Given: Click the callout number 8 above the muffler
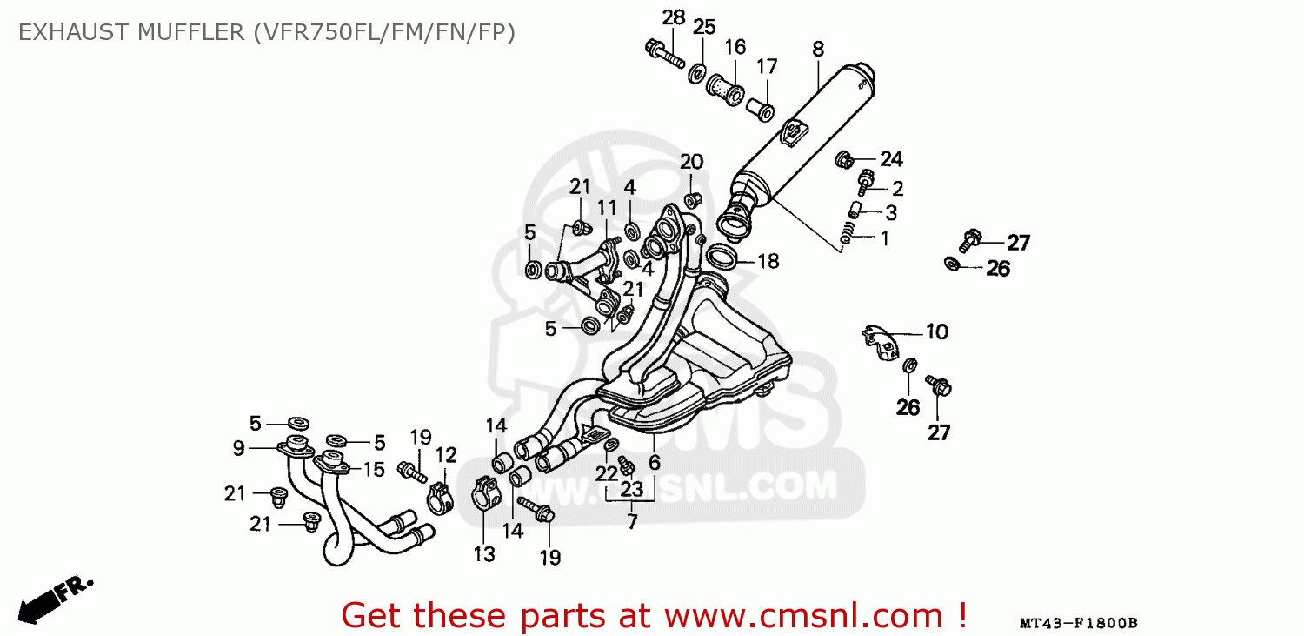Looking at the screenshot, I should [x=817, y=50].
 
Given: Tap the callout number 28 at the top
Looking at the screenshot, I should [x=674, y=17].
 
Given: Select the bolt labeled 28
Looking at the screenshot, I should [x=665, y=53].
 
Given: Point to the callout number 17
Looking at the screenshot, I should [x=766, y=67].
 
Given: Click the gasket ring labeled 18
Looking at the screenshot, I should [x=722, y=257].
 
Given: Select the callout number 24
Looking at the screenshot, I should [x=891, y=159].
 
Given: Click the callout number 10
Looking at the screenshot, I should [x=936, y=331].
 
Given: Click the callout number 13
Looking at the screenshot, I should [x=483, y=553].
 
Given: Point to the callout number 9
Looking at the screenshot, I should [x=238, y=448].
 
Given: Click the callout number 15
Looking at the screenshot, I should [x=373, y=470].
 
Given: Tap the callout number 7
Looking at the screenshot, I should [x=632, y=522].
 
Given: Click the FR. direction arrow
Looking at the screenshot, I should [x=54, y=599].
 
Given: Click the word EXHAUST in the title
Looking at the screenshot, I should [x=66, y=32].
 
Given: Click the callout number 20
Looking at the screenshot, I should [x=691, y=161].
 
